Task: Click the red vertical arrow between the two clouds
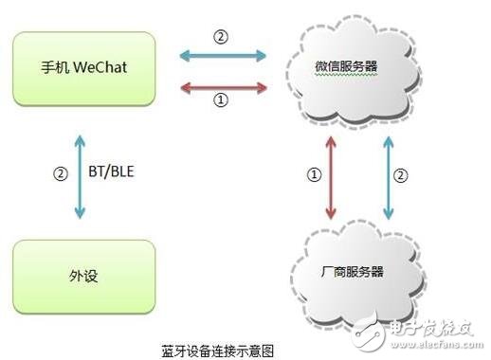pyautogui.click(x=330, y=176)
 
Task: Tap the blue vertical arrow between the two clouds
pyautogui.click(x=386, y=176)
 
